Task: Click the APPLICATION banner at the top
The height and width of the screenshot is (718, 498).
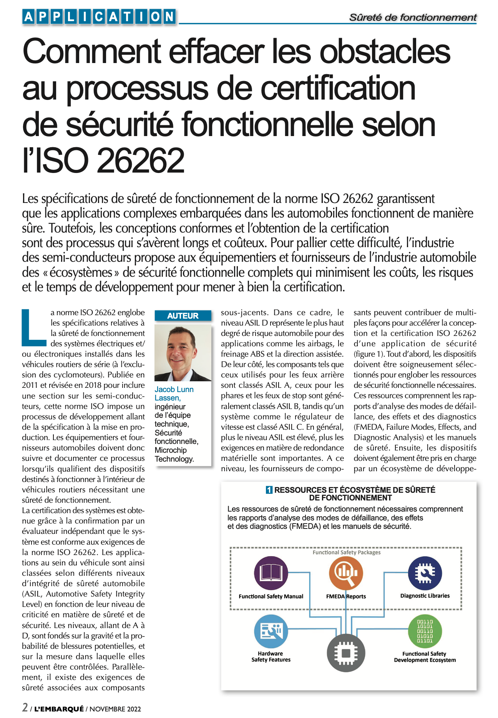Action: [100, 17]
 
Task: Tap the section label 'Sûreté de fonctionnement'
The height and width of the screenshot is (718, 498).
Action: [413, 17]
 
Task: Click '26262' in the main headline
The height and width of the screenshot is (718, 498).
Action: [141, 160]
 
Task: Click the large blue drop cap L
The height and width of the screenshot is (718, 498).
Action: [33, 327]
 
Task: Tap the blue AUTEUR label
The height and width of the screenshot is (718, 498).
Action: [183, 316]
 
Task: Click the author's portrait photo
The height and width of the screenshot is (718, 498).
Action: [183, 352]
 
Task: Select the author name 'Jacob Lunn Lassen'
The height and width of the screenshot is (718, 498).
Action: [174, 394]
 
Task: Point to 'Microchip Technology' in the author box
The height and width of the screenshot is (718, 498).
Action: [174, 454]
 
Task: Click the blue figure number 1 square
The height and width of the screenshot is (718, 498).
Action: [269, 490]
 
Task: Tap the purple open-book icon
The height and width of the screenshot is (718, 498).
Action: [271, 573]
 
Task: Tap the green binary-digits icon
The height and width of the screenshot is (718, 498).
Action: [425, 631]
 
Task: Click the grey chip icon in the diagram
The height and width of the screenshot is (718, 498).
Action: [346, 653]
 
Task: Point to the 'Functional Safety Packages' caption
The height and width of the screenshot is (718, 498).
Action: [346, 552]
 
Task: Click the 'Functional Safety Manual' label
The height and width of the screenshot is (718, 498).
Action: [271, 596]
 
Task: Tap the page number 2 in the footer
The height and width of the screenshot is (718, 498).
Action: [25, 707]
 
